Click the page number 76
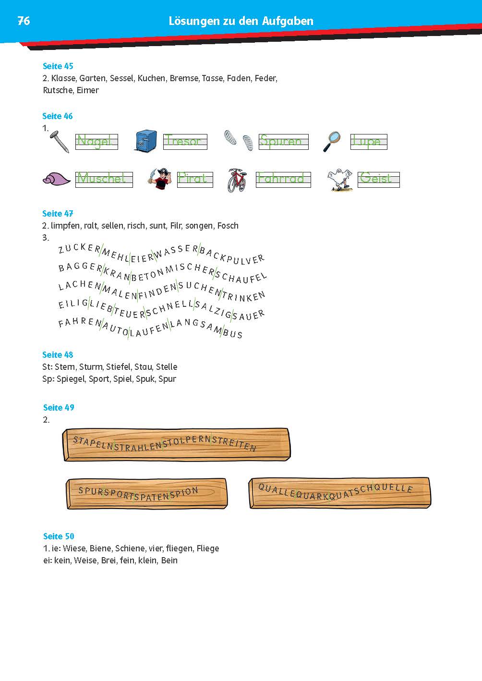(24, 21)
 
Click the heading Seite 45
(58, 66)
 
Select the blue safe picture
(145, 142)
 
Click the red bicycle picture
(237, 180)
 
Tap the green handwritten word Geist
(376, 179)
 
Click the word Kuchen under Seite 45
(151, 78)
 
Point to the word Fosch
(228, 226)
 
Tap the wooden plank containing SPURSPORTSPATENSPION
(146, 493)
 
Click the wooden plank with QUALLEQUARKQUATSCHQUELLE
(339, 492)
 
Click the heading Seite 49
(59, 408)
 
